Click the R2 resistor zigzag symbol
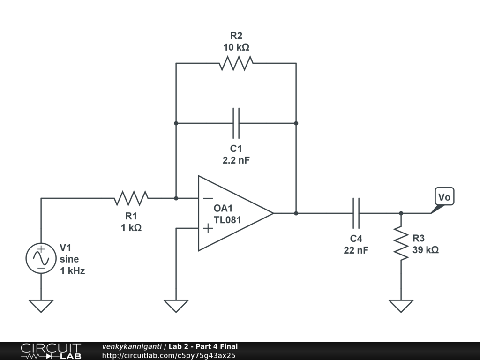(x=236, y=63)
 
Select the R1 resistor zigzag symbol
(x=131, y=198)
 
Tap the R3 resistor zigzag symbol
(x=401, y=243)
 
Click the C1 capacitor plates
(x=236, y=123)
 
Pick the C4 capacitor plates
(x=356, y=213)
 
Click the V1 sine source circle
(x=41, y=259)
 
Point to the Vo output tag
(x=444, y=197)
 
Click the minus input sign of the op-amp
(x=208, y=198)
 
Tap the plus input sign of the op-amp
(x=208, y=228)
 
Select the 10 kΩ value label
(x=236, y=47)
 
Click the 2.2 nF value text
(x=236, y=160)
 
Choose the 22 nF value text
(x=356, y=250)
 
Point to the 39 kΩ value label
(x=426, y=250)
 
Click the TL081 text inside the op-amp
(x=227, y=219)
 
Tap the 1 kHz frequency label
(x=72, y=270)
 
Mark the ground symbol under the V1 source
(x=41, y=306)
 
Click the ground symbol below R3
(x=401, y=306)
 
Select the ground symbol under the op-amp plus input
(x=176, y=306)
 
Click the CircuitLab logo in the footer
(x=51, y=351)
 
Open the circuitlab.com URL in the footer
(x=168, y=355)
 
